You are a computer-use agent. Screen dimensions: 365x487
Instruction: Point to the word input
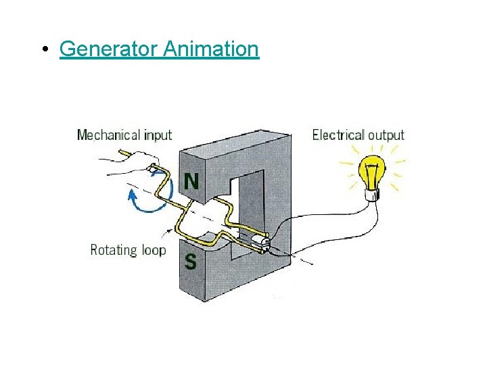point(158,136)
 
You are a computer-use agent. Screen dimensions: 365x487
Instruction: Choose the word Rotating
point(114,250)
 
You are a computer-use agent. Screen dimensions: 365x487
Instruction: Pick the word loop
point(154,250)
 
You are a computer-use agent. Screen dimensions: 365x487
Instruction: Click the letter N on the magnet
point(192,182)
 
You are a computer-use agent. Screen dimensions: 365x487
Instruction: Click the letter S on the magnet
point(191,261)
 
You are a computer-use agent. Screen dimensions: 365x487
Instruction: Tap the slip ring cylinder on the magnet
point(260,241)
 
